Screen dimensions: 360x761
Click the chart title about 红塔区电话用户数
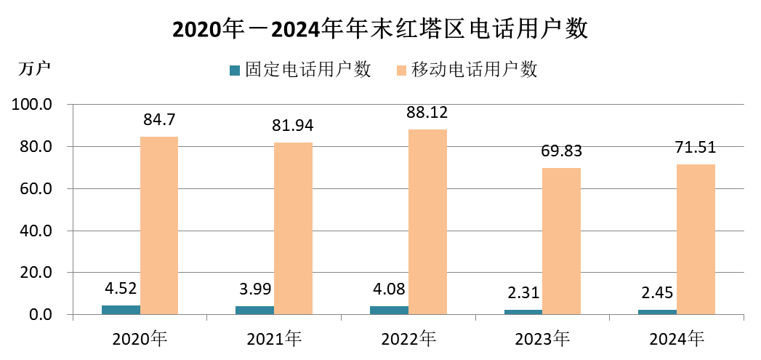379,28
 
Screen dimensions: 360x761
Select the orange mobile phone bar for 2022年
427,222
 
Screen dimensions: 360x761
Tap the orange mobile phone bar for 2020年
159,225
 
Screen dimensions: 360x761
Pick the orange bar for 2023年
561,241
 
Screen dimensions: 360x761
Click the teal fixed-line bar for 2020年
121,310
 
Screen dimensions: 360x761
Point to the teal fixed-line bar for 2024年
657,312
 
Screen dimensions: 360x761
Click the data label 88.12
427,113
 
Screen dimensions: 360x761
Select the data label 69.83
561,152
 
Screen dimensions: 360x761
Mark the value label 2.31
523,294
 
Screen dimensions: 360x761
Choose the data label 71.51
696,148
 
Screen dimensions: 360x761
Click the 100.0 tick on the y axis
33,105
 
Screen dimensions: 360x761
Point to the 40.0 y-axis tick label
36,231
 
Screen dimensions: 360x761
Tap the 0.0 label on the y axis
39,315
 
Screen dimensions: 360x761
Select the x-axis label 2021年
274,338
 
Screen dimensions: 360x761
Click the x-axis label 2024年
677,338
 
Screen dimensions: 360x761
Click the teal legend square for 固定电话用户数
234,71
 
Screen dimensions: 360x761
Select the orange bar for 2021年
293,228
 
